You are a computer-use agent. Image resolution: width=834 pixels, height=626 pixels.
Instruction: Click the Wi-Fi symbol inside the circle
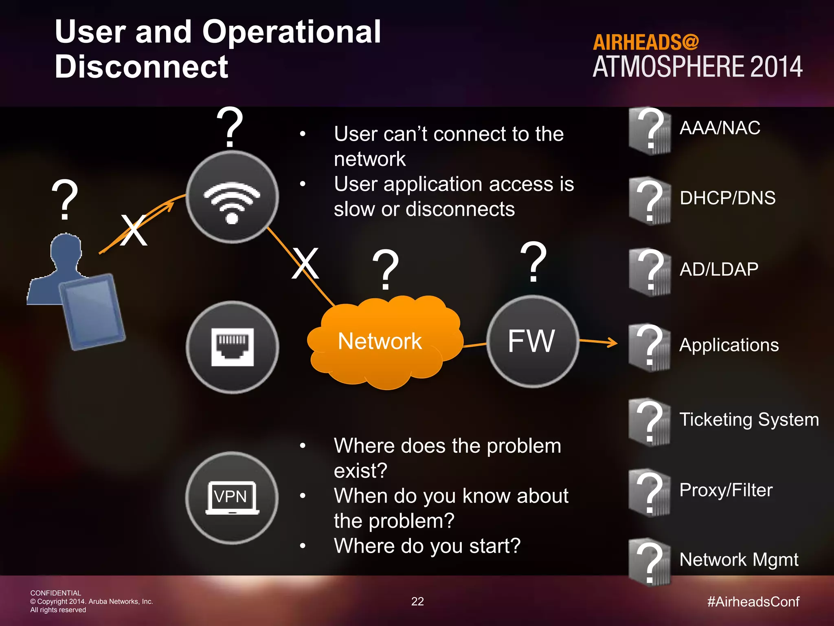[232, 202]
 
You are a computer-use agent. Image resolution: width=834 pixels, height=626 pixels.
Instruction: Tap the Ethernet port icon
[232, 347]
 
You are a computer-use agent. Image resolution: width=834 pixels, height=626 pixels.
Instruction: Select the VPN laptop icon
[232, 498]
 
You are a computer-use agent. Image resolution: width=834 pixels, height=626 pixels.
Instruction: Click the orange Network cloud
[383, 342]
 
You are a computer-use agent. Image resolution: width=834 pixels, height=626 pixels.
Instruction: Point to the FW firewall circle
[532, 342]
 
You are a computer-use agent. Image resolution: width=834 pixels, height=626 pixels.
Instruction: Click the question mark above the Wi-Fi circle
[230, 127]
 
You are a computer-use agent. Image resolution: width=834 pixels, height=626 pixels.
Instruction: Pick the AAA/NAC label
[720, 128]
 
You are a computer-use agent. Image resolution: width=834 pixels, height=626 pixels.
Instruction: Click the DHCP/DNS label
[727, 198]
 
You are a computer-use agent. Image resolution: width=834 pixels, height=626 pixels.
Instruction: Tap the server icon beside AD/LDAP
[650, 272]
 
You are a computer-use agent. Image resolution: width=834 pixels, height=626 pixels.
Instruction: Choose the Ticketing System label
[749, 420]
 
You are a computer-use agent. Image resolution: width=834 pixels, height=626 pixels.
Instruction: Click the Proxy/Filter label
[726, 490]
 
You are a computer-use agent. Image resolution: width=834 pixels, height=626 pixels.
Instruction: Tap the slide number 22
[417, 602]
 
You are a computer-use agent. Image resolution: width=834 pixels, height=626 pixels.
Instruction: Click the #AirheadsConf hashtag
[753, 602]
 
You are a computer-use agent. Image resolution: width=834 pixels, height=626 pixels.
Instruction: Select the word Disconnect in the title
[141, 67]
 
